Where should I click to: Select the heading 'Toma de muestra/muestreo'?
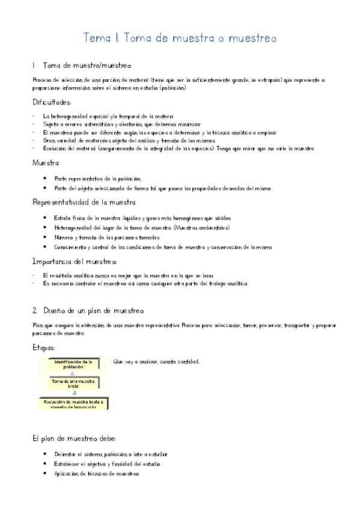point(87,65)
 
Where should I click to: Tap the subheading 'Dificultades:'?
point(52,102)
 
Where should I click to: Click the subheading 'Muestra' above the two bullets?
point(45,163)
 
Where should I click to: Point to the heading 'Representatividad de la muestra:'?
point(85,203)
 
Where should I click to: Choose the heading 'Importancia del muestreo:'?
point(75,262)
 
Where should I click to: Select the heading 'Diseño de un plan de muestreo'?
point(93,311)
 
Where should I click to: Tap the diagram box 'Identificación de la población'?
point(73,364)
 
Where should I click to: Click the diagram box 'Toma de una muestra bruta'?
point(73,383)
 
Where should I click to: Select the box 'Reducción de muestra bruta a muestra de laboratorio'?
point(73,404)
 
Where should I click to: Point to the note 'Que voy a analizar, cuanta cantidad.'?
point(156,361)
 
